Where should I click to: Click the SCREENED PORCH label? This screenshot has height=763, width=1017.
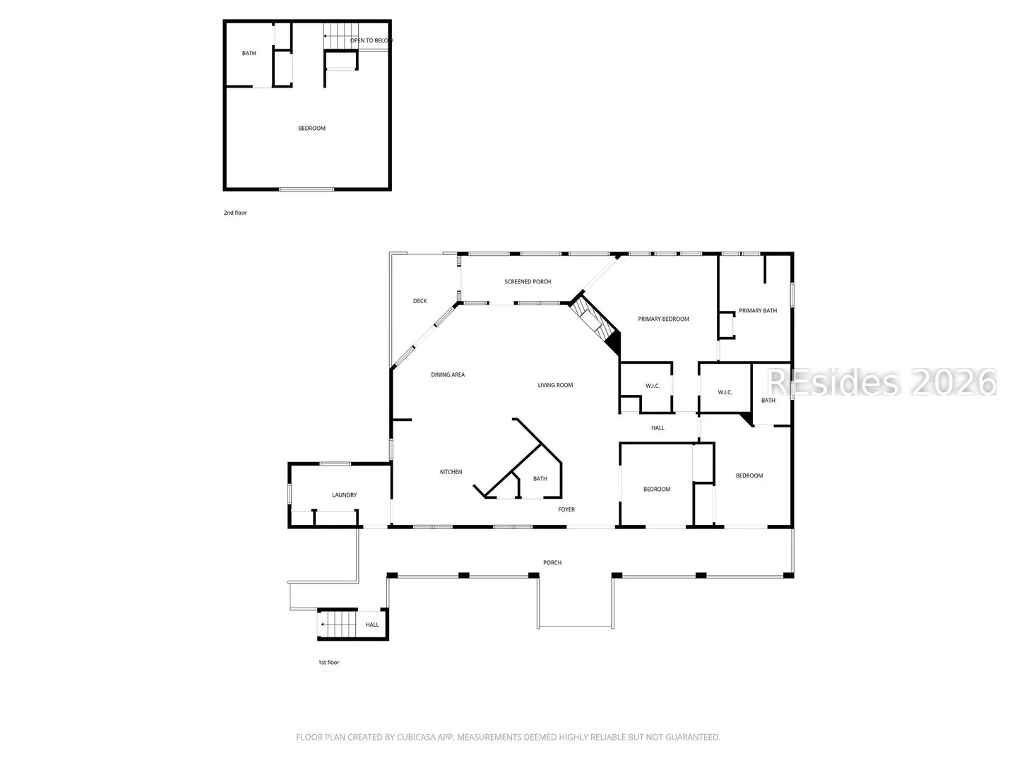click(x=528, y=282)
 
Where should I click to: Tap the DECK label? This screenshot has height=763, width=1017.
click(x=420, y=301)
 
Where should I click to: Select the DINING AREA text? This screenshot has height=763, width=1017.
click(x=448, y=374)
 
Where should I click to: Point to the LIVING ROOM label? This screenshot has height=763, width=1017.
click(x=555, y=385)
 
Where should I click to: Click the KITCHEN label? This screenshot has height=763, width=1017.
click(x=451, y=472)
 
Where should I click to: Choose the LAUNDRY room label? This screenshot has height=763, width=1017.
click(x=344, y=495)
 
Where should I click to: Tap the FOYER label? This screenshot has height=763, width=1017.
click(x=566, y=509)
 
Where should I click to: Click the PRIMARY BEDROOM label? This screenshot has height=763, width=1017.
click(x=663, y=319)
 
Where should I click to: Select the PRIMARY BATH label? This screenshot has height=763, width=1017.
click(x=758, y=311)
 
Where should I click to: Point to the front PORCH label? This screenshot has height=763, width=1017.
click(x=552, y=563)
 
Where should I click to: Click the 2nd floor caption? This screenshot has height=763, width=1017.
click(x=235, y=213)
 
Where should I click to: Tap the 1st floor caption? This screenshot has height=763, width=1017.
click(x=328, y=663)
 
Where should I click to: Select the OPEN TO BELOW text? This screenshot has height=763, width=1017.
click(x=371, y=41)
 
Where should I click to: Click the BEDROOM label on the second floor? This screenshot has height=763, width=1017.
click(x=312, y=129)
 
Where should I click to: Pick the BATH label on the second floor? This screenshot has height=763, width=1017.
click(x=249, y=53)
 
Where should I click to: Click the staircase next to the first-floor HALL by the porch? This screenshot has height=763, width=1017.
click(x=338, y=624)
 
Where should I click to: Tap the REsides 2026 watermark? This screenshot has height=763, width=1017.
click(x=881, y=383)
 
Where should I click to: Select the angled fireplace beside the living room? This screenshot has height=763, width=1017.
click(x=596, y=324)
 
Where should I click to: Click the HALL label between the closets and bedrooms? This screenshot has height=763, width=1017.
click(x=658, y=428)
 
